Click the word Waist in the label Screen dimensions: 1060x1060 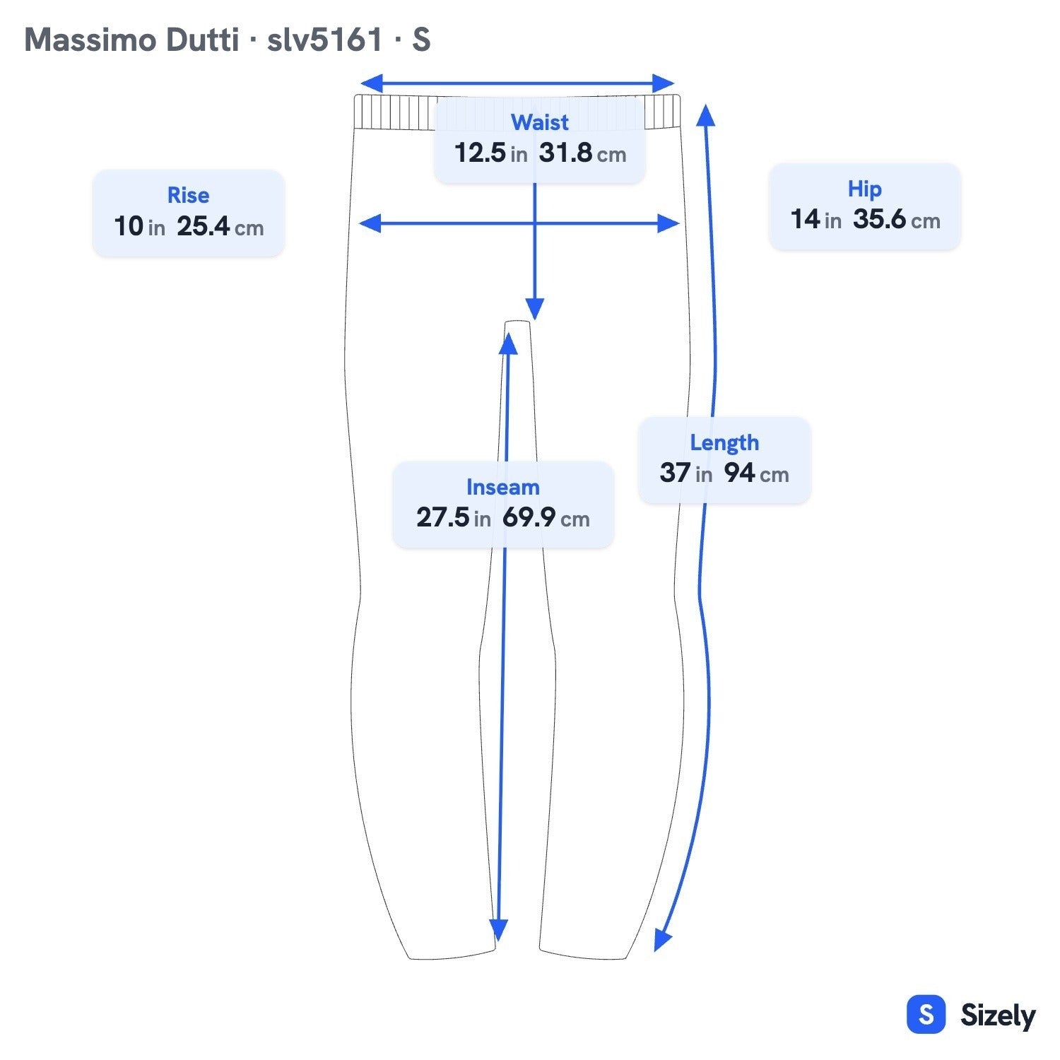pos(540,122)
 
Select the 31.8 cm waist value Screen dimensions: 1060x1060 pos(582,153)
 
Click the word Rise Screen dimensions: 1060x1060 pos(188,195)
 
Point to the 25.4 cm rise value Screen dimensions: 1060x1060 pos(220,226)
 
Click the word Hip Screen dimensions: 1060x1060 pos(865,189)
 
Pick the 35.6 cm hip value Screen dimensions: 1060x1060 pos(897,219)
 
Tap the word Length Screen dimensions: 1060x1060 pos(724,442)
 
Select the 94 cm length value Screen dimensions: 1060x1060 pos(756,473)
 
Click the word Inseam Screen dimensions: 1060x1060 pos(502,487)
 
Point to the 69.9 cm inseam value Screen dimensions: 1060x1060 pos(546,517)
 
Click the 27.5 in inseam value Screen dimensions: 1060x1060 pos(453,517)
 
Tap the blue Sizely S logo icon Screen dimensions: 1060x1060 pos(926,1015)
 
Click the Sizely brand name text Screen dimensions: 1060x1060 pos(998,1015)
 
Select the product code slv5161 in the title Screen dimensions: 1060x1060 pos(324,40)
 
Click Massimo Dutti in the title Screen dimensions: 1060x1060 pos(131,40)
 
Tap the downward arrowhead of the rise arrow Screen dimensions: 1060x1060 pos(535,309)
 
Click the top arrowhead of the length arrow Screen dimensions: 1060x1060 pos(705,115)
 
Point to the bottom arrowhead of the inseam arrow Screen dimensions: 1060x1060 pos(498,931)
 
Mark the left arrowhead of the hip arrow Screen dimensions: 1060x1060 pos(370,224)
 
